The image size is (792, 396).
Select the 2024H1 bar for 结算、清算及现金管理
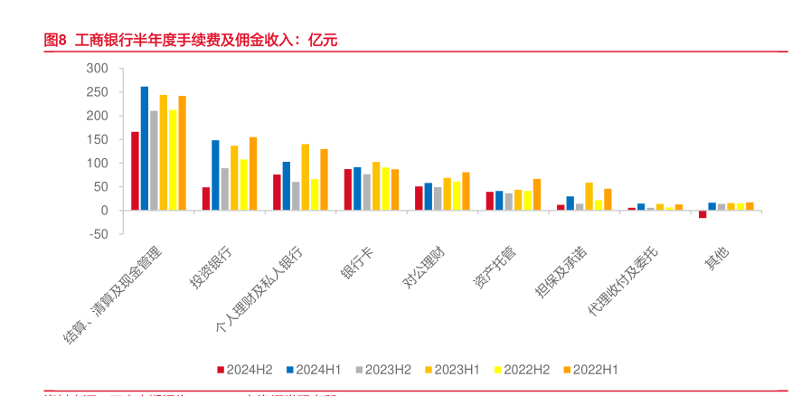point(145,148)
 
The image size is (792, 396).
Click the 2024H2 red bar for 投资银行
point(206,199)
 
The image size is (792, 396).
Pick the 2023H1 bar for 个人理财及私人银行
point(306,177)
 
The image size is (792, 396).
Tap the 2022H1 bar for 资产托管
point(537,194)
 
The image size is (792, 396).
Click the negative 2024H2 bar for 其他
point(702,214)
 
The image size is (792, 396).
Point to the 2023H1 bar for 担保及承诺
point(589,196)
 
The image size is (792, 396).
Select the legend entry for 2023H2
point(384,369)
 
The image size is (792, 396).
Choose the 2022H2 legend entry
point(523,369)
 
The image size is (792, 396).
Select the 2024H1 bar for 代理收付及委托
point(641,207)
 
